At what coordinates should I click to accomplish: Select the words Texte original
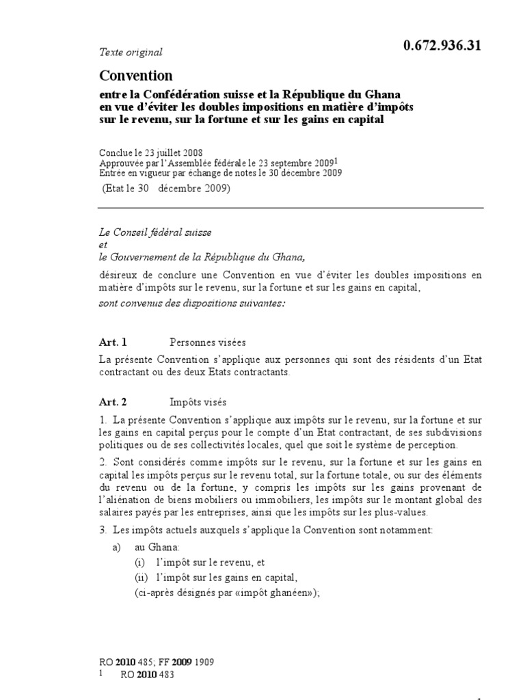131,52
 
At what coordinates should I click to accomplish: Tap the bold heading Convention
136,75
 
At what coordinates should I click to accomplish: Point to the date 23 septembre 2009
296,163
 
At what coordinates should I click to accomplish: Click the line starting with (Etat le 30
167,189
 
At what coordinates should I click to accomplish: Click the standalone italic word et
103,245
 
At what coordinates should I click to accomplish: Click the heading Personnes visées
207,342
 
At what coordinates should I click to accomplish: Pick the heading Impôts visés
198,403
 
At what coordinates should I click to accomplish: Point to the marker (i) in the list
140,563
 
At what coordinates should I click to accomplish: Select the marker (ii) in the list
141,578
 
